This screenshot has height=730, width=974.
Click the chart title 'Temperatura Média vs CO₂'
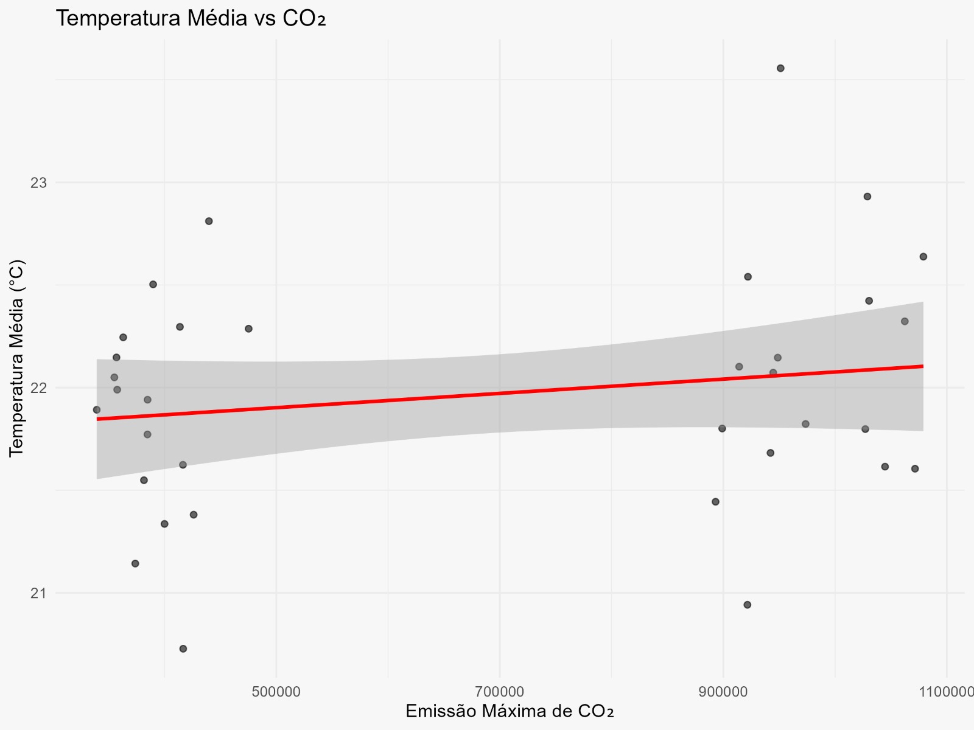191,19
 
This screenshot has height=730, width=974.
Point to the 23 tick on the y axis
38,182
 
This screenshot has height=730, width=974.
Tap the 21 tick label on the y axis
38,593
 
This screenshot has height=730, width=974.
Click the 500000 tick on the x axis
276,692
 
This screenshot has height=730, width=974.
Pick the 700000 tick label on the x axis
500,692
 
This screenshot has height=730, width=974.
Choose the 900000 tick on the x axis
723,692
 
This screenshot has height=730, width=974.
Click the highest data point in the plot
780,68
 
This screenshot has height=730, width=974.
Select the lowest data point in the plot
183,648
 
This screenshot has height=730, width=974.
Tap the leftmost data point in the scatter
97,409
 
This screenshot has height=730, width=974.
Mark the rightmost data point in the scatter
923,257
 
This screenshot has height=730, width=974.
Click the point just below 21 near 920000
747,605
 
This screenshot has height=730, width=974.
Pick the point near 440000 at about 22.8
209,221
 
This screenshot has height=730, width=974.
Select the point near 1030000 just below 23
867,196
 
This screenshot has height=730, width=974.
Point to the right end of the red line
923,366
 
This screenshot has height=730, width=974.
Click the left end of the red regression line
97,419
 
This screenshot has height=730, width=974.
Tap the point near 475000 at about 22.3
248,328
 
